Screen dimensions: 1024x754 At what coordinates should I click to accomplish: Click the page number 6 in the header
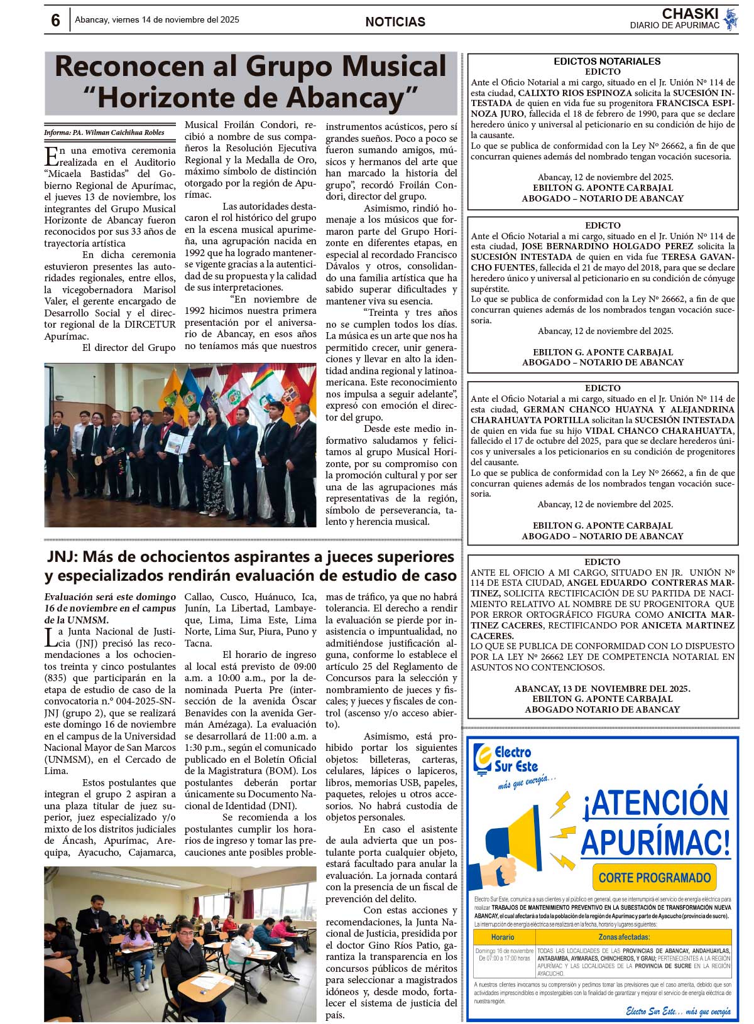click(55, 20)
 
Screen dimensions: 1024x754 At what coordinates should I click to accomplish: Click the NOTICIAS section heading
click(395, 22)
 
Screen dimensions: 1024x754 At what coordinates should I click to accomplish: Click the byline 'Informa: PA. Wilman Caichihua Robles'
click(104, 132)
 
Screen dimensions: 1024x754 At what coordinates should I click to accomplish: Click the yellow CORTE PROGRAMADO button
click(654, 878)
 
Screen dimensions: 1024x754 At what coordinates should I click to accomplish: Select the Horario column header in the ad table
click(503, 937)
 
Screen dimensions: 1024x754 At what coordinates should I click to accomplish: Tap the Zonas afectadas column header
click(633, 937)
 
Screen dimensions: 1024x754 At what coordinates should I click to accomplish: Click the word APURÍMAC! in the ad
click(655, 843)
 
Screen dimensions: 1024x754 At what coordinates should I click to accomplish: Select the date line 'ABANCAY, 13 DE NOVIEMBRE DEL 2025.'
click(602, 689)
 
